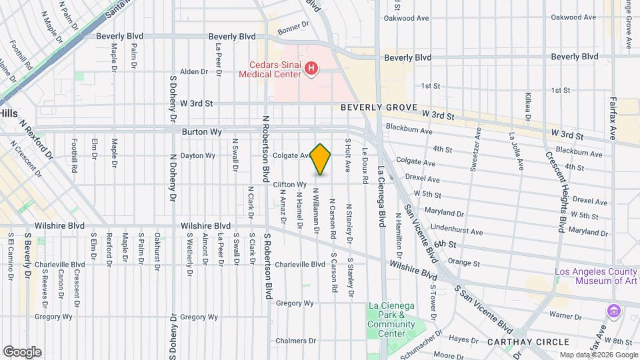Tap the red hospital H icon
311,68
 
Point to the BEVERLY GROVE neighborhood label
379,107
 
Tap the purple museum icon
613,311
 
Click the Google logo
22,351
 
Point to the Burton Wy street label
202,132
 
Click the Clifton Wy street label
289,184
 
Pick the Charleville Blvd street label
300,264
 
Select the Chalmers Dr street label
291,341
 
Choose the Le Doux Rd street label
365,161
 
